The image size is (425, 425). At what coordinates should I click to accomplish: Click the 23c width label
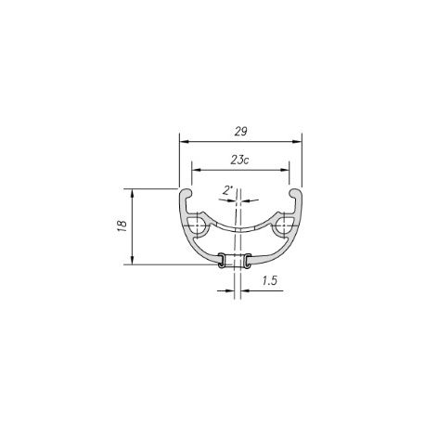coord(239,160)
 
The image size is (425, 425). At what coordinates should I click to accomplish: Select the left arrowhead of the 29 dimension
coord(183,142)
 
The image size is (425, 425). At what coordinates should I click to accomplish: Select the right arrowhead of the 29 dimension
coord(299,142)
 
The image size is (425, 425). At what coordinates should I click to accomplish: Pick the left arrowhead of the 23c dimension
coord(194,168)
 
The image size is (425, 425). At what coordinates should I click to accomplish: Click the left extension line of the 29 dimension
coord(178,162)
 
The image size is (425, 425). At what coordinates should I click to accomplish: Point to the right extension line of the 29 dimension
coord(303,162)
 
